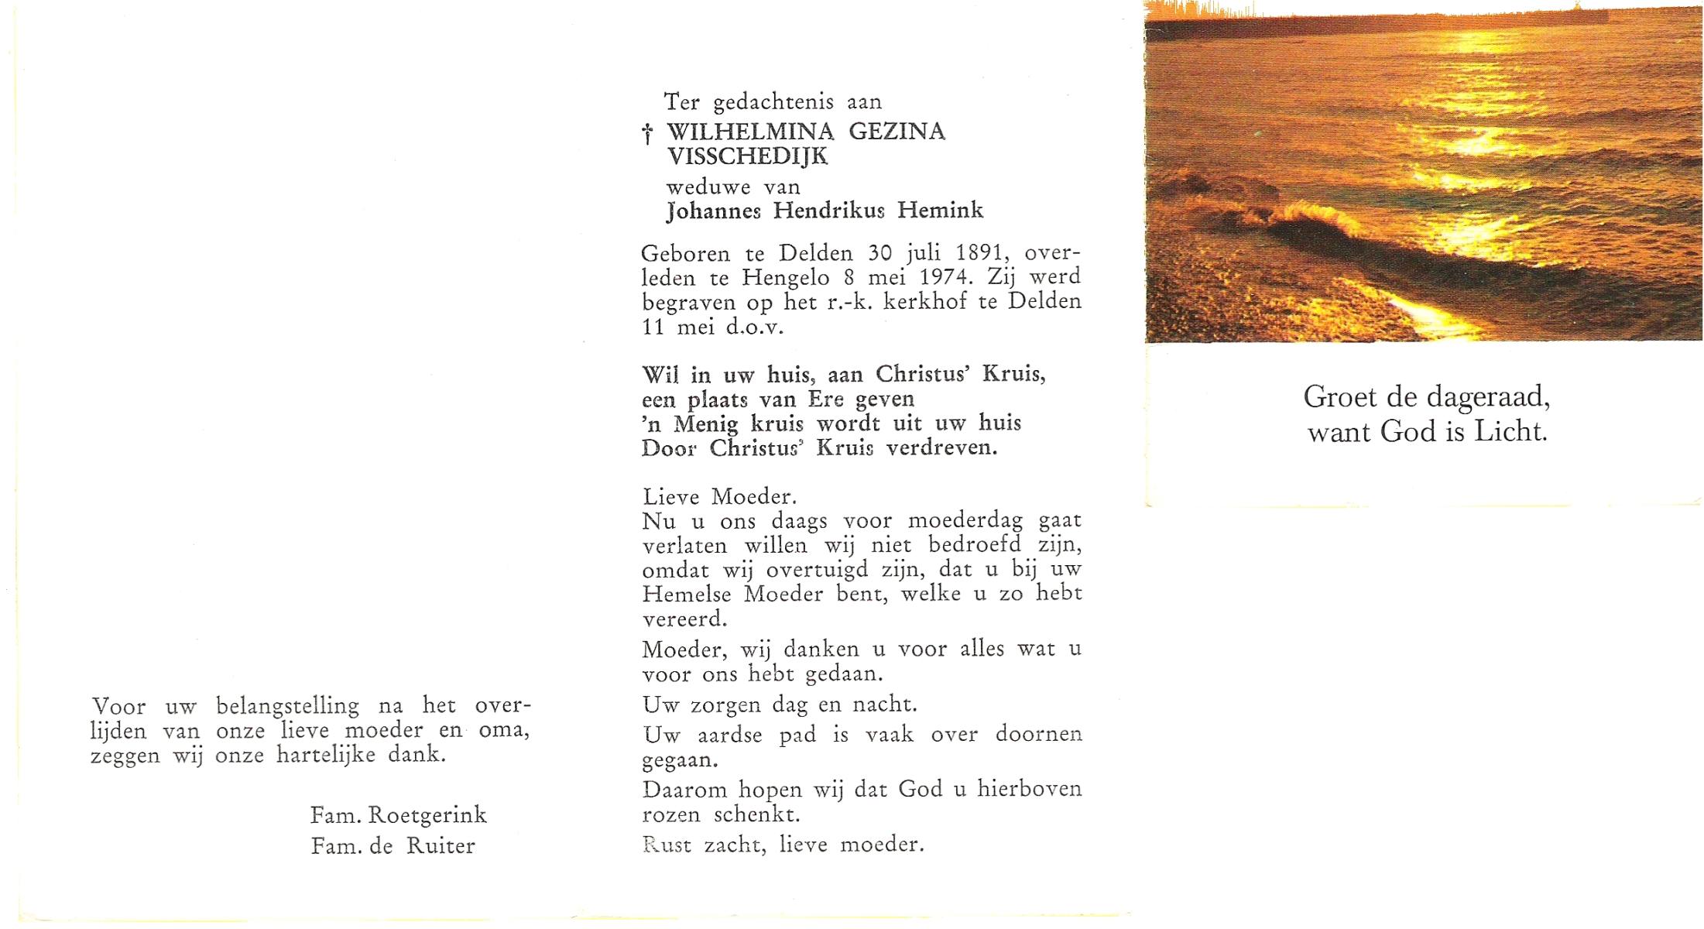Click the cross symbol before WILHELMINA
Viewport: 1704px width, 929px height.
[647, 135]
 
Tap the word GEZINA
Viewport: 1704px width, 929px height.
[897, 132]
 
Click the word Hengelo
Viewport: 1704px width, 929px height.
[786, 277]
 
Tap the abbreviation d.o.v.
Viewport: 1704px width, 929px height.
[754, 327]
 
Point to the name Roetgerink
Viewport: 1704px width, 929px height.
[427, 815]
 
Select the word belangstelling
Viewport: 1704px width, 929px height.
[287, 707]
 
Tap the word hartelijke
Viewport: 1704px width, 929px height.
[326, 755]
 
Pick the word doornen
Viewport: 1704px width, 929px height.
[1038, 734]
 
